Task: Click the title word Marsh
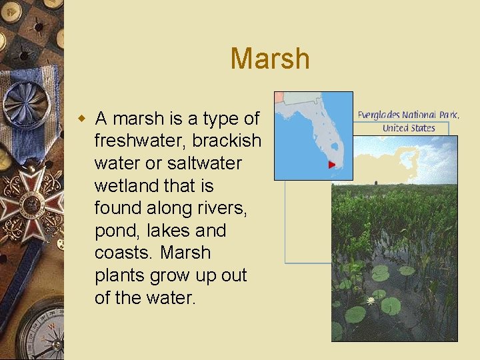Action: (x=270, y=59)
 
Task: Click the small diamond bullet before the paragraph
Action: (x=82, y=119)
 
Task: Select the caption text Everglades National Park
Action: (x=408, y=115)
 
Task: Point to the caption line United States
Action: (x=408, y=128)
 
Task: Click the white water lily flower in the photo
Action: (x=370, y=301)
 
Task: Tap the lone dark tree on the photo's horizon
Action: (x=375, y=181)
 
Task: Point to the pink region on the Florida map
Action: (x=279, y=97)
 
